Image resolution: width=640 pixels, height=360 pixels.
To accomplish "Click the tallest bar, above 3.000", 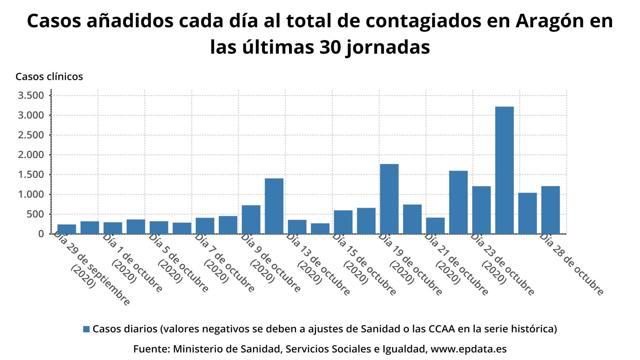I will coord(504,170).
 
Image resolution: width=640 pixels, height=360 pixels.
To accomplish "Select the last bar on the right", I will coord(550,210).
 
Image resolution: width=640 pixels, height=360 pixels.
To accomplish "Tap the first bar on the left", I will coord(67,229).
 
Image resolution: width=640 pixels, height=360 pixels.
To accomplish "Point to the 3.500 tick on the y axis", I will coord(31,95).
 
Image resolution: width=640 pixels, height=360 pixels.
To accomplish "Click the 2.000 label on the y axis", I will coord(31,155).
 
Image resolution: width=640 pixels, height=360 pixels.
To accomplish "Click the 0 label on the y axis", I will coord(41,234).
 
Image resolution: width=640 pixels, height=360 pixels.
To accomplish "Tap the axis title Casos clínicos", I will coord(49,77).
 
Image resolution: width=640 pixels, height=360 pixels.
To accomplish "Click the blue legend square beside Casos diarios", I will coord(87,329).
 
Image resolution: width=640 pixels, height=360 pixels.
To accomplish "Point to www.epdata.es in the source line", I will coord(469,349).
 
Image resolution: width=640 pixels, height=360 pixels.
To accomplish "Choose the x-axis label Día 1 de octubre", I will coord(132,262).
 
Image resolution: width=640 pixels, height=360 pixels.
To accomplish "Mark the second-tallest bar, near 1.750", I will coord(389,199).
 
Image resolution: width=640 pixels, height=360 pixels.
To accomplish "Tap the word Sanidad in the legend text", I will coord(378,329).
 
